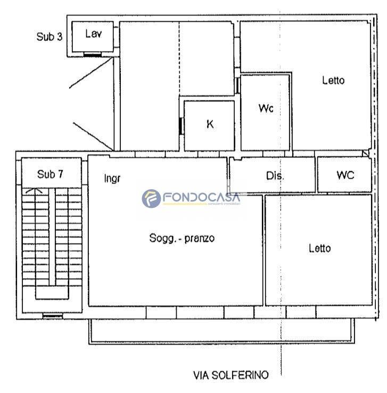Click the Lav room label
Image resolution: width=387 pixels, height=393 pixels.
click(93, 34)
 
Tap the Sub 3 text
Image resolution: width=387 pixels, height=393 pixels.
click(50, 37)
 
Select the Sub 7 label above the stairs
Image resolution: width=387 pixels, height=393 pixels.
click(50, 174)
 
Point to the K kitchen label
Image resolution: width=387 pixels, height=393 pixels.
click(210, 124)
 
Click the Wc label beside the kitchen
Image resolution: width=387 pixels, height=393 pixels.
click(266, 108)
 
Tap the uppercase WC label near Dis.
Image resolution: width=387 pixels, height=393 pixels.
click(345, 175)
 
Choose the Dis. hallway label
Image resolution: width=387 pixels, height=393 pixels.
click(275, 175)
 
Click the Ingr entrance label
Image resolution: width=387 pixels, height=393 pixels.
click(112, 179)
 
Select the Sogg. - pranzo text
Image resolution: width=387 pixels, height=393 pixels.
click(182, 238)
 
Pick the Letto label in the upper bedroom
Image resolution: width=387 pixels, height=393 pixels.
click(333, 80)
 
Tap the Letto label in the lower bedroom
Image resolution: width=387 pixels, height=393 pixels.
click(320, 248)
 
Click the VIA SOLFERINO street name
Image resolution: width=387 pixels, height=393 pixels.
click(230, 375)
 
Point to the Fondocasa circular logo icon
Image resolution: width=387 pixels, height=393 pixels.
click(151, 198)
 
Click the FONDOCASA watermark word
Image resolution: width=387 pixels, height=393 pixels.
click(201, 197)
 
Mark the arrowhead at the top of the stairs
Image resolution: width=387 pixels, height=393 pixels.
click(34, 190)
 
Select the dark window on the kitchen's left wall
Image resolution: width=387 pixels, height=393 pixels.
click(180, 126)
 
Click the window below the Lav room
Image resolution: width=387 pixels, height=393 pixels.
click(92, 54)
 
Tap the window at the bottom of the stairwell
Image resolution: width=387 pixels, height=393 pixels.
click(52, 316)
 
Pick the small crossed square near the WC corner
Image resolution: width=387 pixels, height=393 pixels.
click(366, 153)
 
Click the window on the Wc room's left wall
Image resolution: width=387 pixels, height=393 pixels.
click(237, 86)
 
